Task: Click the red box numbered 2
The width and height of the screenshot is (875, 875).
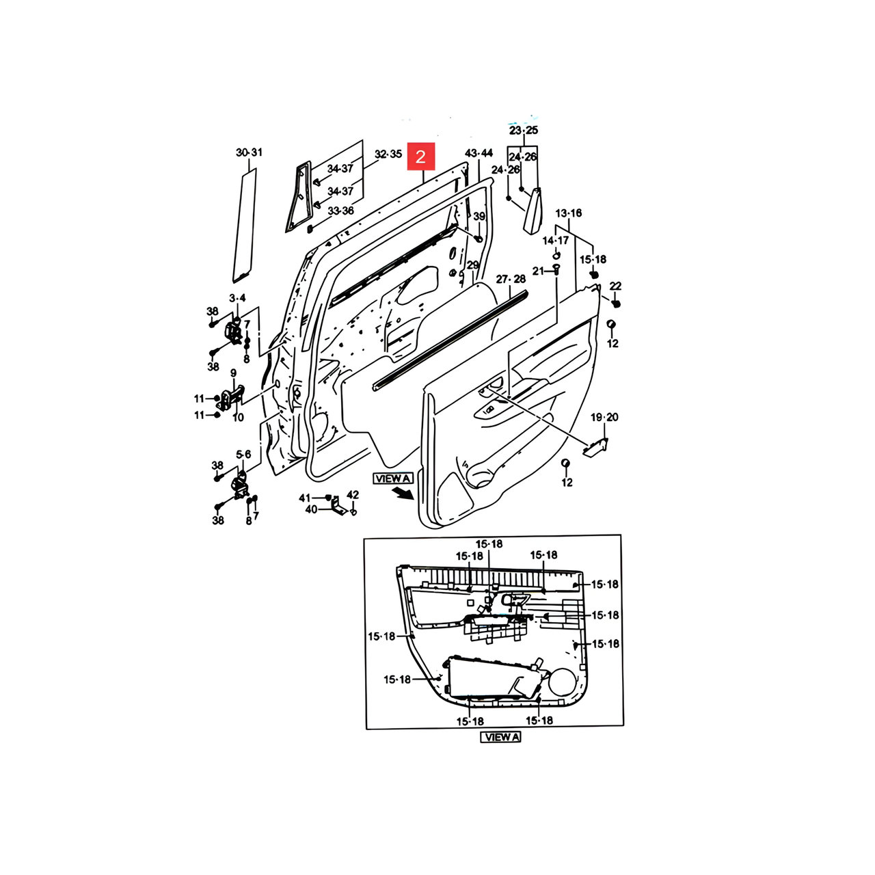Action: point(420,157)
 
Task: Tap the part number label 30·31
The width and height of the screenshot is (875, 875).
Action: point(249,152)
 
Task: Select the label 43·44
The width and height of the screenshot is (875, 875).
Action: point(479,153)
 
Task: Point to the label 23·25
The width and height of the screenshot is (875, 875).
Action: point(524,131)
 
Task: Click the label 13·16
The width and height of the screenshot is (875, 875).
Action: point(568,213)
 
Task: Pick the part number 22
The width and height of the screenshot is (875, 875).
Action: point(615,286)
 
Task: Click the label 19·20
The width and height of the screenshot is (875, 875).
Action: point(604,417)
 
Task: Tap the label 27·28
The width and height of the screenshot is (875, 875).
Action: point(511,279)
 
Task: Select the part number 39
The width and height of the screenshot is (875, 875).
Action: point(479,217)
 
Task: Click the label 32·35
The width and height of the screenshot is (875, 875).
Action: point(388,154)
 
